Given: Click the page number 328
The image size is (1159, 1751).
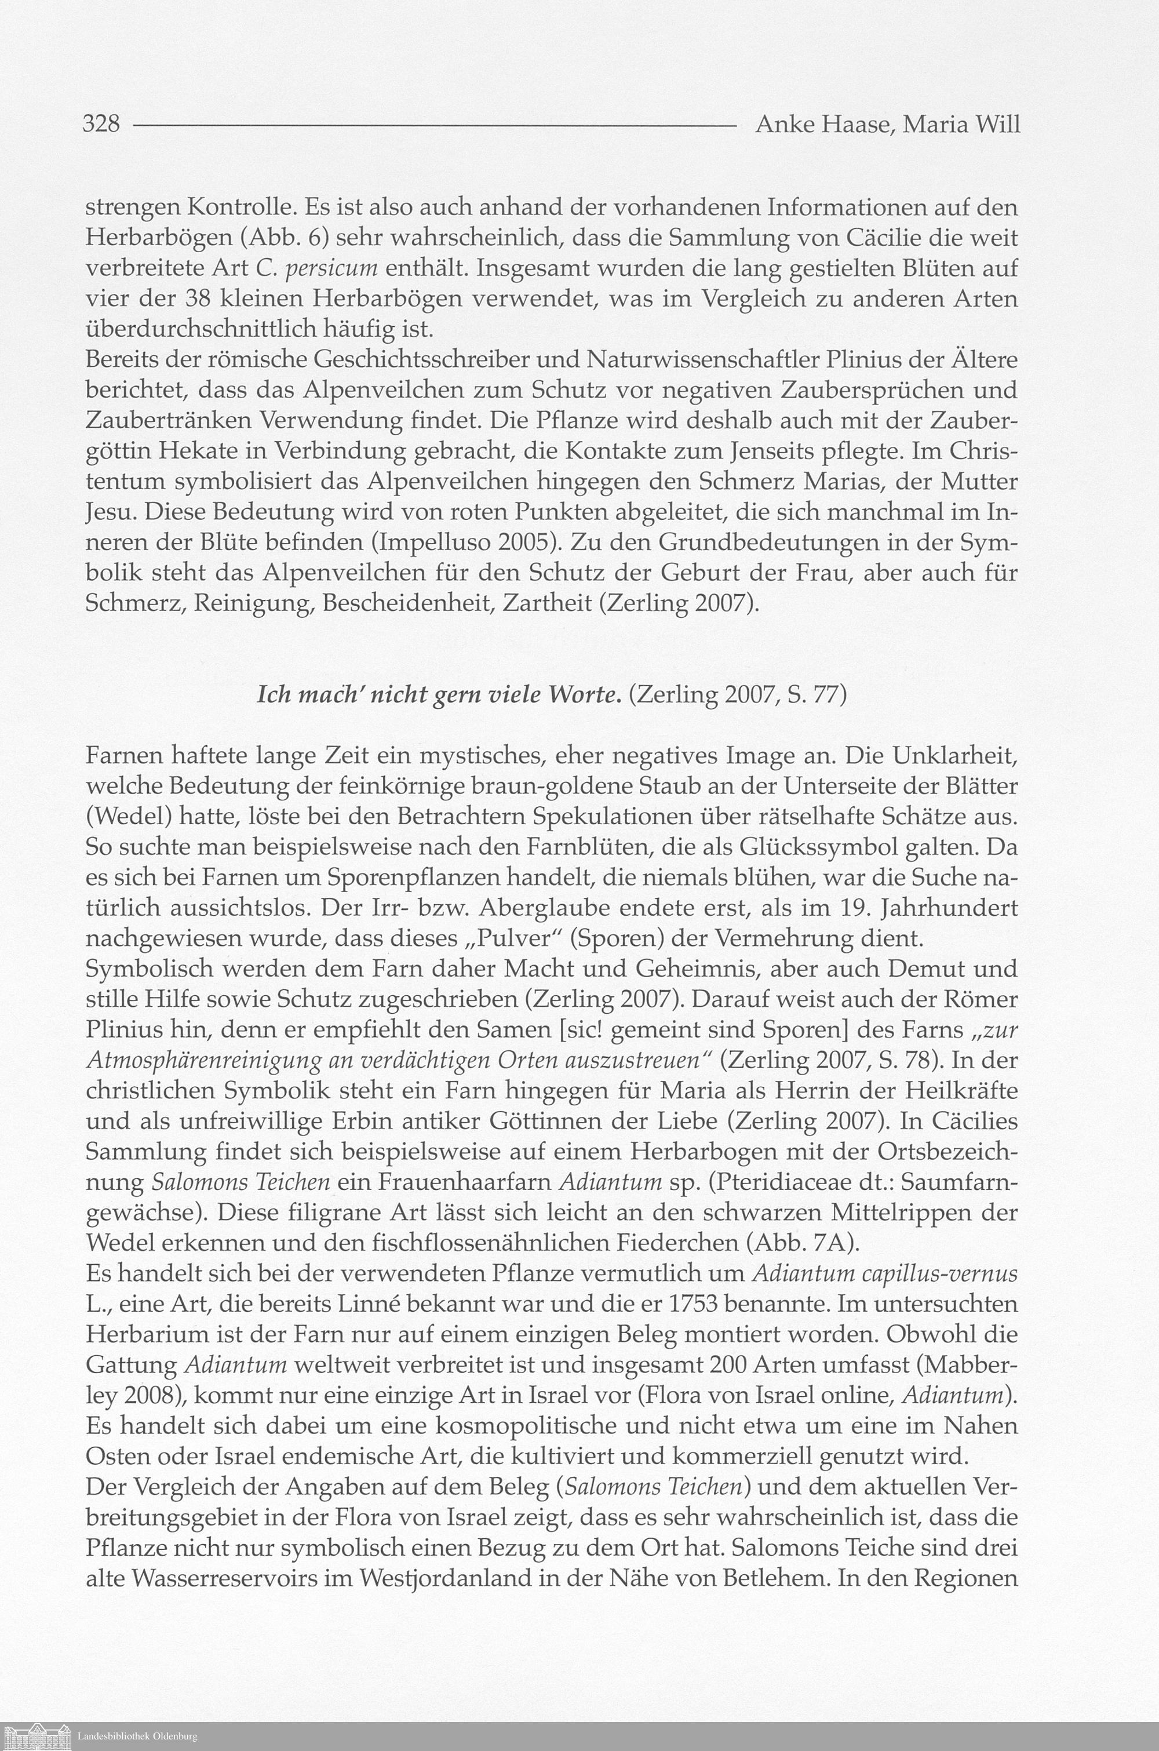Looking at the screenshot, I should click(102, 123).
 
